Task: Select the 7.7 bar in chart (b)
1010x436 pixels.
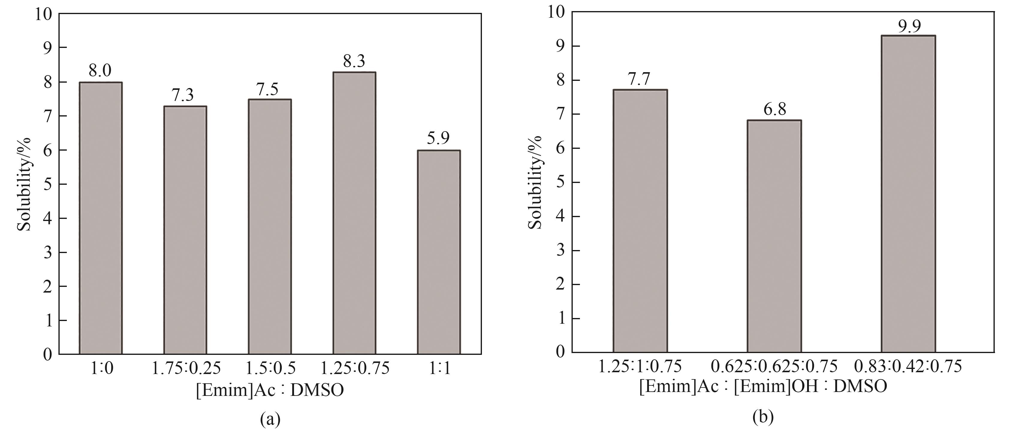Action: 640,221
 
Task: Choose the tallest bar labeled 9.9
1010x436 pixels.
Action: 908,194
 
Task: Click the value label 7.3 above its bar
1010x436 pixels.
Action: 183,95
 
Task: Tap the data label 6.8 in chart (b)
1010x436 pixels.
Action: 775,109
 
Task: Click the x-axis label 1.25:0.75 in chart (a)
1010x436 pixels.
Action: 355,368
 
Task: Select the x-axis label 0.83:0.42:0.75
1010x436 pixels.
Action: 908,366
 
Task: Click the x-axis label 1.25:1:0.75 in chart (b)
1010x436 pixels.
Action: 640,366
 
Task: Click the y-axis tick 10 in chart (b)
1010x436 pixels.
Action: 556,13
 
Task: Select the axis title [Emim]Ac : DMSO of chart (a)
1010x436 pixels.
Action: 270,390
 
